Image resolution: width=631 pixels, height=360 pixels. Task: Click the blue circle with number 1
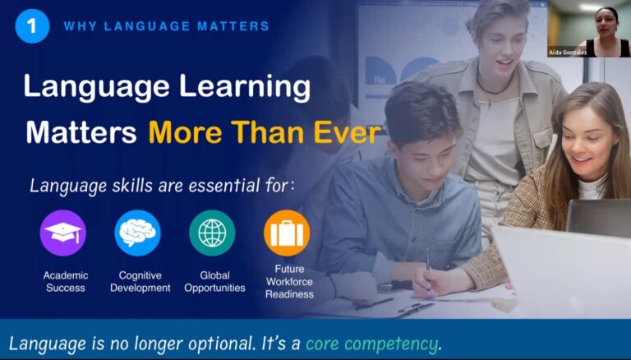pyautogui.click(x=32, y=26)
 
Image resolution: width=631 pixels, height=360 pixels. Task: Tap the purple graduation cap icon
pyautogui.click(x=63, y=233)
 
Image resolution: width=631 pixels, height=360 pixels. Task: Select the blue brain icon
pyautogui.click(x=138, y=233)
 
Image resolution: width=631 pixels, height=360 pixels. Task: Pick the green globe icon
pyautogui.click(x=212, y=233)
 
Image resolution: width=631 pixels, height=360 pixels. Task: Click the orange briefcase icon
pyautogui.click(x=287, y=233)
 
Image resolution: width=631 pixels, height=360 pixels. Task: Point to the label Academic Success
pyautogui.click(x=66, y=281)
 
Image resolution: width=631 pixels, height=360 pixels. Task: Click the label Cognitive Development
pyautogui.click(x=140, y=281)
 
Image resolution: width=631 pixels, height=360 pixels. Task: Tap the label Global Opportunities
pyautogui.click(x=215, y=281)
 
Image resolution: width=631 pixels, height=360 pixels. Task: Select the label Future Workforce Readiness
pyautogui.click(x=289, y=281)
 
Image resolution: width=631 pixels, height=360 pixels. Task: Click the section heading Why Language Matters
pyautogui.click(x=166, y=26)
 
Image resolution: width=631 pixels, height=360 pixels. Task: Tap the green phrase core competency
pyautogui.click(x=371, y=344)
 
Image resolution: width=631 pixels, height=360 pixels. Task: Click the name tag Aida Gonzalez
pyautogui.click(x=568, y=53)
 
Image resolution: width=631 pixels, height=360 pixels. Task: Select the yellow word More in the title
pyautogui.click(x=185, y=132)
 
